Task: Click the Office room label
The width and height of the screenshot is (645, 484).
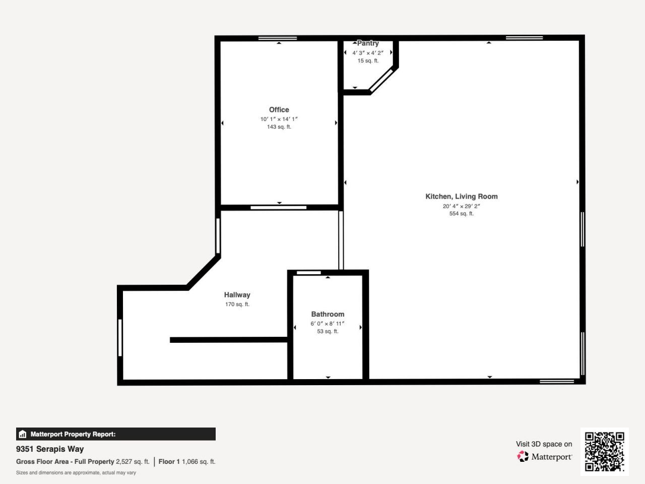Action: tap(279, 109)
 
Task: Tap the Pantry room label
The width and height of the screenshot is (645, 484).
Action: tap(368, 43)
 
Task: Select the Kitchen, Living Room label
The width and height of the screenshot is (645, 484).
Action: tap(461, 197)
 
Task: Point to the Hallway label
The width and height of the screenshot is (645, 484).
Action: tap(237, 295)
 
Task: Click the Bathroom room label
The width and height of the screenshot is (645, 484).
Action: tap(328, 314)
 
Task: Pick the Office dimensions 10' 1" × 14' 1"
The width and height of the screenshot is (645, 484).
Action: tap(279, 119)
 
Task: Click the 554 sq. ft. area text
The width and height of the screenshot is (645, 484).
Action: tap(461, 214)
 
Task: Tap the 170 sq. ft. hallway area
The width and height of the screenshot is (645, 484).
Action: tap(237, 305)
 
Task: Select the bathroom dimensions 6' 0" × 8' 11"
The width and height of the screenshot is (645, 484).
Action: tap(328, 324)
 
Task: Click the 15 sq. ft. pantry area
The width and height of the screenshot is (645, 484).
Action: tap(368, 60)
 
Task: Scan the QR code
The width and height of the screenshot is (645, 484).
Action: tap(604, 451)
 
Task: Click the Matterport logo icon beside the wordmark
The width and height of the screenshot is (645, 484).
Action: tap(523, 457)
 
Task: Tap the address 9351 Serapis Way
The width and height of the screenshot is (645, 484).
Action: tap(50, 449)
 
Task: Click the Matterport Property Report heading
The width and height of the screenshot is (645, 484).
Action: tap(73, 434)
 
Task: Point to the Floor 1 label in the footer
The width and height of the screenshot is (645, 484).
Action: tap(169, 461)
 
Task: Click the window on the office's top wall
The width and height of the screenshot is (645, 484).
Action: tap(278, 38)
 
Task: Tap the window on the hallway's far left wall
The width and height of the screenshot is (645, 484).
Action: tap(120, 338)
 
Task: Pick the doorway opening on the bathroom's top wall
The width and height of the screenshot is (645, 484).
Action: tap(308, 273)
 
